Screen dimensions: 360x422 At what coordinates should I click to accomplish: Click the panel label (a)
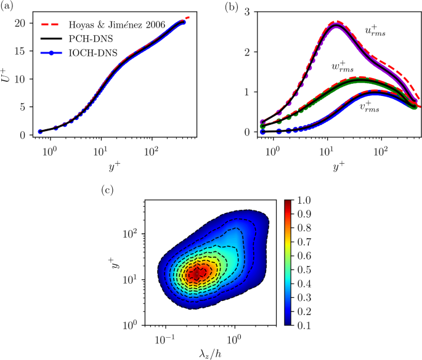(9, 7)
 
